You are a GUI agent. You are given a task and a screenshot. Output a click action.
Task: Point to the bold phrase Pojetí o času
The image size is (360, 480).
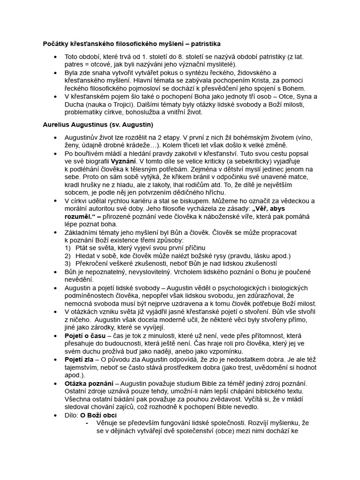click(85, 336)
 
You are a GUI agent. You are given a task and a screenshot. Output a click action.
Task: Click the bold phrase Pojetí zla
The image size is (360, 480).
click(80, 359)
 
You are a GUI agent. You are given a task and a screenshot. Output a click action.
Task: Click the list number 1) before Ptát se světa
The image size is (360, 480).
click(68, 247)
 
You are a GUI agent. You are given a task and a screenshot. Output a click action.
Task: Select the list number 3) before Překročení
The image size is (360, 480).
click(68, 263)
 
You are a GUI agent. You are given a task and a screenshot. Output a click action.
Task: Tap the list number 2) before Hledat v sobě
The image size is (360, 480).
click(68, 255)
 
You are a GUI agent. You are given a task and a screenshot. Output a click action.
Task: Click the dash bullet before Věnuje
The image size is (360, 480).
click(87, 423)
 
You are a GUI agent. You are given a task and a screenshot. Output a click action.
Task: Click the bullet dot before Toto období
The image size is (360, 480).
click(56, 57)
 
